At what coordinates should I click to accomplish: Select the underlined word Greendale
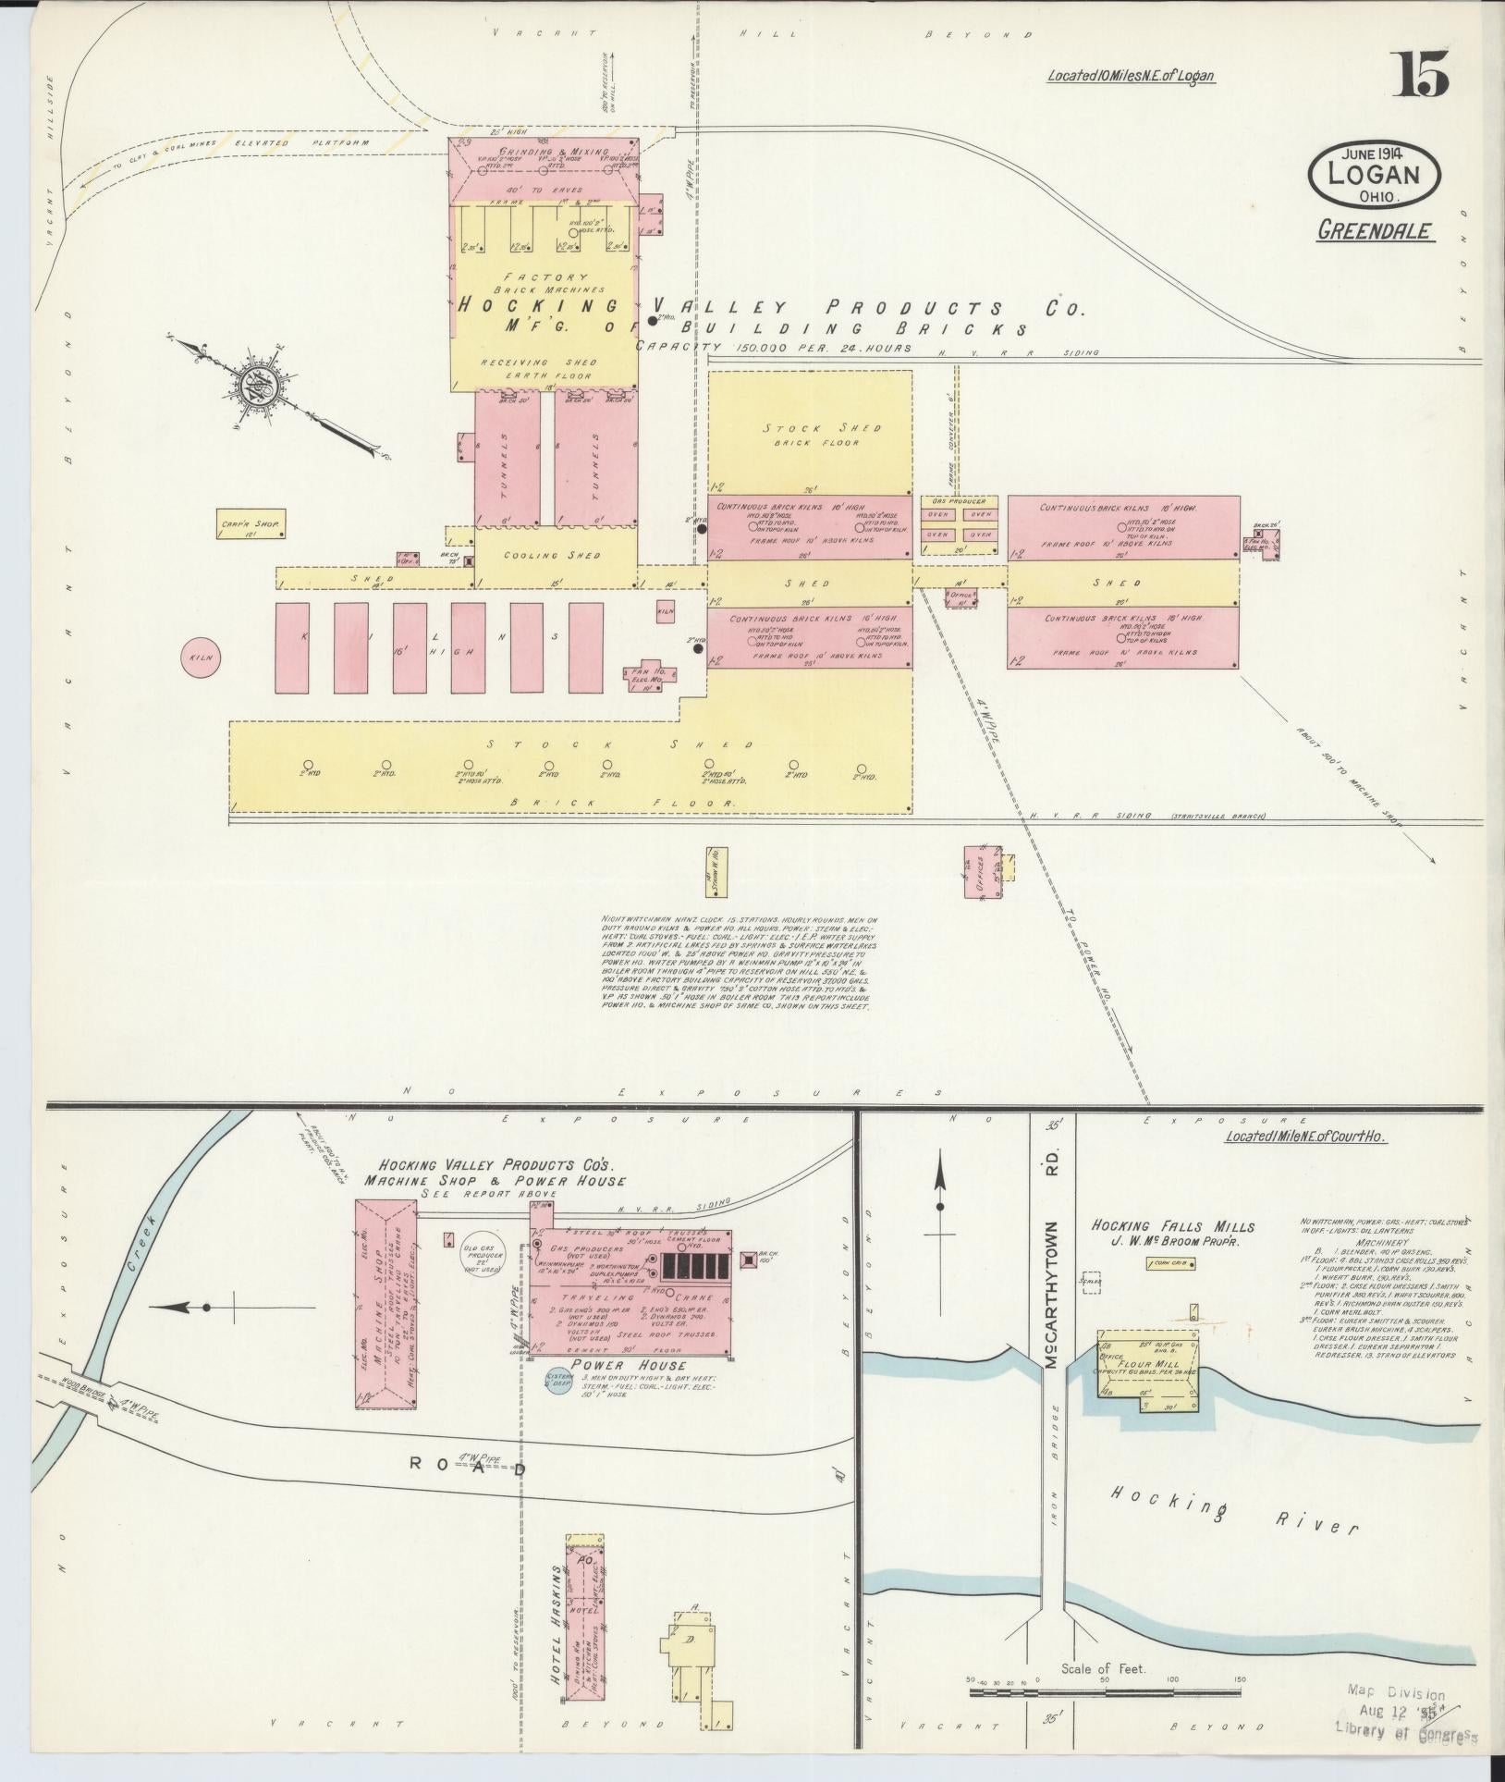click(x=1377, y=230)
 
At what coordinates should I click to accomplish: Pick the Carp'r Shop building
click(x=251, y=524)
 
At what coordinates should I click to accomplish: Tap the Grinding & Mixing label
click(x=554, y=152)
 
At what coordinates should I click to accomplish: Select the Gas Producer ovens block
click(x=961, y=524)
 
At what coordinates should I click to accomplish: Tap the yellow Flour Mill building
click(x=1146, y=1385)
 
